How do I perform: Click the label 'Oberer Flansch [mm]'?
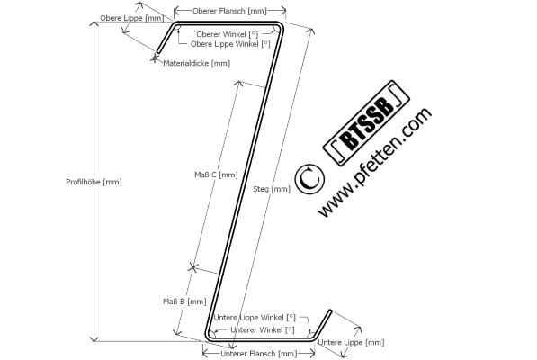point(229,11)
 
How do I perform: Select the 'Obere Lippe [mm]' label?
point(132,18)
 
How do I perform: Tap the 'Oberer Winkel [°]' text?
point(227,34)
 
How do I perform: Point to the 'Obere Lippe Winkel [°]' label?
point(230,44)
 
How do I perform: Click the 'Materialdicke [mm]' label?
point(197,63)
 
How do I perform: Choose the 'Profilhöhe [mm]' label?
point(94,182)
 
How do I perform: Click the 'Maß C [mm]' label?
point(216,175)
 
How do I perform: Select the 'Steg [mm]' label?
point(272,189)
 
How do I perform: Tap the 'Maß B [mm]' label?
point(184,301)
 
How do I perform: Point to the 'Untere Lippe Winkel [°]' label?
point(255,318)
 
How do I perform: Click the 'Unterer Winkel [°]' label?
point(263,330)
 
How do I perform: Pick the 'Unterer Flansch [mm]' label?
point(259,354)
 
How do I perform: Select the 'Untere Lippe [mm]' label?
point(351,343)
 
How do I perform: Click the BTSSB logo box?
point(366,123)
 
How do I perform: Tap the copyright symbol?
point(309,179)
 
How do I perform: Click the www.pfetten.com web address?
point(375,162)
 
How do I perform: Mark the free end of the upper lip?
point(158,52)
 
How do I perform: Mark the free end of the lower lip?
point(331,311)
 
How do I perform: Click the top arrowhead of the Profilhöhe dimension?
point(94,23)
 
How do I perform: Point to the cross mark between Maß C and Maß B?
point(193,267)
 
